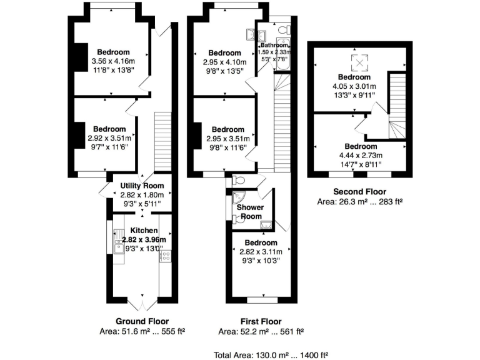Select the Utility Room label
pos(142,186)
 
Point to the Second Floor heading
pos(359,192)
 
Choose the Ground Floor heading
pos(142,321)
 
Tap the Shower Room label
pos(249,211)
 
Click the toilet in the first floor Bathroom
pos(283,30)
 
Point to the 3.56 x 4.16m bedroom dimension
pos(112,61)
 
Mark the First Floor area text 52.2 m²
pos(261,331)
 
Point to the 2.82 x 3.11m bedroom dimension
pos(261,252)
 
